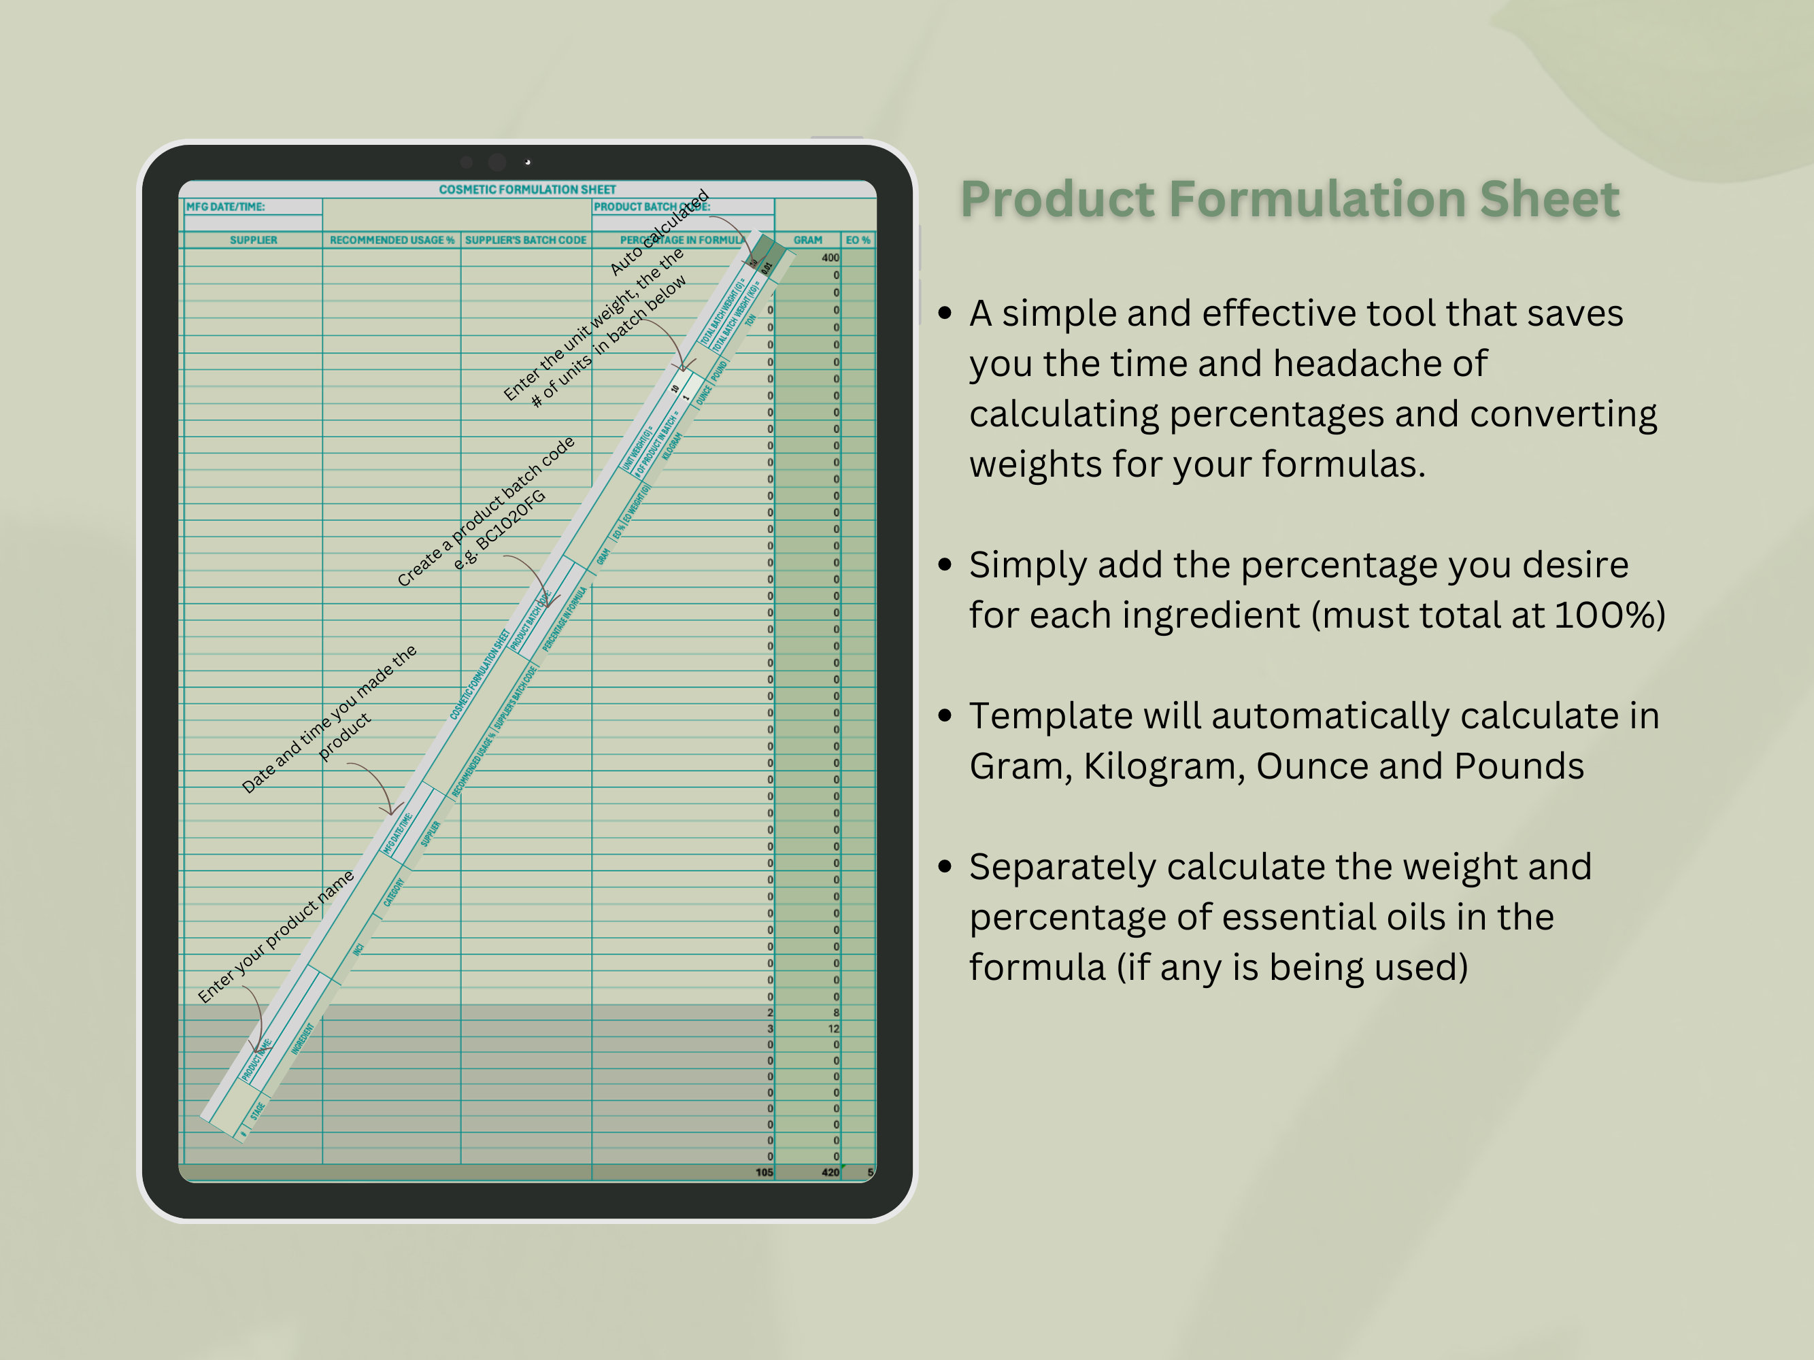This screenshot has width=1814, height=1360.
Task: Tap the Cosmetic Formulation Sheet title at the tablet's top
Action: pyautogui.click(x=526, y=189)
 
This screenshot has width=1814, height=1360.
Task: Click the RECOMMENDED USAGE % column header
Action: pyautogui.click(x=391, y=240)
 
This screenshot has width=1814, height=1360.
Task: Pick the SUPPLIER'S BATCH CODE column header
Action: pyautogui.click(x=526, y=240)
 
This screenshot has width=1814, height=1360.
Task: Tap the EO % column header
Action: pyautogui.click(x=857, y=240)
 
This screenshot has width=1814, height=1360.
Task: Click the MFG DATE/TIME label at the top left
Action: pyautogui.click(x=226, y=207)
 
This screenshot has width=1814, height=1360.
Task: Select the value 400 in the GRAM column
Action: pyautogui.click(x=829, y=258)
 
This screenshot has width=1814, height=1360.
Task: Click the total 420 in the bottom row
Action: pyautogui.click(x=829, y=1172)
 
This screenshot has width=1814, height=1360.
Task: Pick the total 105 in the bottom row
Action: pyautogui.click(x=764, y=1172)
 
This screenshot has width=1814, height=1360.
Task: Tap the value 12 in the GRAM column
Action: pyautogui.click(x=833, y=1029)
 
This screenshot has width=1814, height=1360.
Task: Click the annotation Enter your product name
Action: pyautogui.click(x=275, y=936)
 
